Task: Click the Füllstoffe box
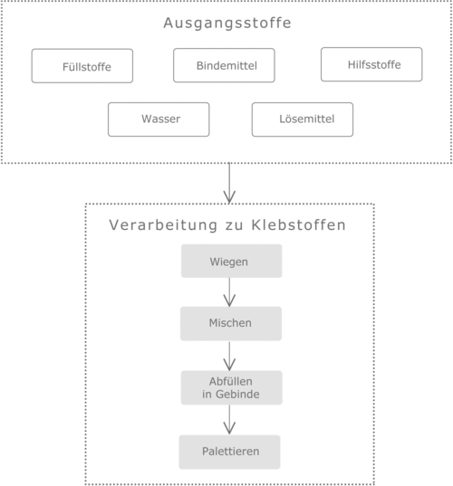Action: tap(82, 66)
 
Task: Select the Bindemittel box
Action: tap(224, 65)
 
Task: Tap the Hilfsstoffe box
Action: tap(371, 64)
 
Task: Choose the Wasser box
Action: tap(159, 119)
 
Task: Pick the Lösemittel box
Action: tap(303, 119)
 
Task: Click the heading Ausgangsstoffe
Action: tap(227, 23)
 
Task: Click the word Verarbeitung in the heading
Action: tap(163, 225)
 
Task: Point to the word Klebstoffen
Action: tap(298, 225)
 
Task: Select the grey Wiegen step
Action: tap(231, 261)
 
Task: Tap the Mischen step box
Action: tap(231, 324)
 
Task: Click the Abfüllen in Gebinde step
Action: tap(231, 387)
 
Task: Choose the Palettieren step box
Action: tap(229, 452)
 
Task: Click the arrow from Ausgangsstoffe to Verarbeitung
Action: tap(229, 183)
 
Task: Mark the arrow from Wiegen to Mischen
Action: tap(229, 292)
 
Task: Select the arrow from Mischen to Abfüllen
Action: tap(229, 356)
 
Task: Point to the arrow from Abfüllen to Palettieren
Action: tap(229, 420)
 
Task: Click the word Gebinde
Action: tap(237, 394)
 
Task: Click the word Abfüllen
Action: tap(230, 381)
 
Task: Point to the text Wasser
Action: tap(160, 119)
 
